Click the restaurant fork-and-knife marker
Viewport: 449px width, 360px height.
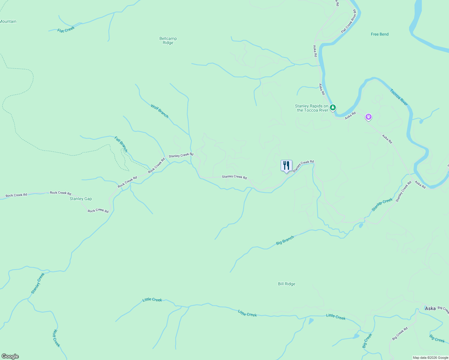[286, 166]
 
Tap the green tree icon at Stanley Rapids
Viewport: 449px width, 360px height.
[333, 107]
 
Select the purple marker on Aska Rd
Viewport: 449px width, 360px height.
[368, 117]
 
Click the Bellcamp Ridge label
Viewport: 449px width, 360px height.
[168, 40]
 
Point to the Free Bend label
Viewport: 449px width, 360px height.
[380, 34]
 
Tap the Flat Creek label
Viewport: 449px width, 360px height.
[66, 30]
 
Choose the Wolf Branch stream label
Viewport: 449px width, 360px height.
[159, 111]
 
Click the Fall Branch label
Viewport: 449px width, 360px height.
[121, 144]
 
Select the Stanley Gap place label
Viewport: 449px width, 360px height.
[81, 199]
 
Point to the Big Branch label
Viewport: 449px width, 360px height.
[285, 240]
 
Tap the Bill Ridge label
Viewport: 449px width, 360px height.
[287, 284]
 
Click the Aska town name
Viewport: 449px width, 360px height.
[430, 308]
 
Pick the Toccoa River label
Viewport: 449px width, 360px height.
[399, 97]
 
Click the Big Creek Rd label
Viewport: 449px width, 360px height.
[400, 334]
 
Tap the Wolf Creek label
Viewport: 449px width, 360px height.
[56, 338]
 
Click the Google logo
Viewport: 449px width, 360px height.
[10, 356]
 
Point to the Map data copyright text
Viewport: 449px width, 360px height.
[430, 358]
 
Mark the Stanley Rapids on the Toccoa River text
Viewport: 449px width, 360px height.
[312, 108]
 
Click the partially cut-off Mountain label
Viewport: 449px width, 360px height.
[8, 21]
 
